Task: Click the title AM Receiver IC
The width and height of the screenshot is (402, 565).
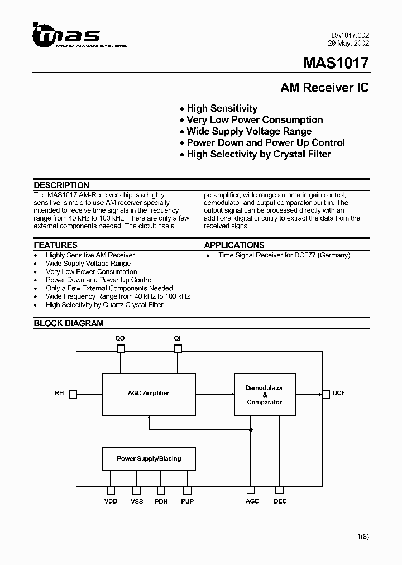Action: pyautogui.click(x=324, y=88)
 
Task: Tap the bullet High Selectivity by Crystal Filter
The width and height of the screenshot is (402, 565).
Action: pyautogui.click(x=259, y=154)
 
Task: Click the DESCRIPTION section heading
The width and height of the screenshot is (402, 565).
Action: pyautogui.click(x=61, y=185)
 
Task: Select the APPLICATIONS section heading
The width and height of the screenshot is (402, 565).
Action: pyautogui.click(x=234, y=245)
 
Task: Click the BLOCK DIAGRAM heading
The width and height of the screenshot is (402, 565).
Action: pyautogui.click(x=69, y=323)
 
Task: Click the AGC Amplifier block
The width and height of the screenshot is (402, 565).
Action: pyautogui.click(x=149, y=393)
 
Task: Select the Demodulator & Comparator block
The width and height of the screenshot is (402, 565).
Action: pyautogui.click(x=265, y=395)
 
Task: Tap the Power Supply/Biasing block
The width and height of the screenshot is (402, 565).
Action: pyautogui.click(x=149, y=458)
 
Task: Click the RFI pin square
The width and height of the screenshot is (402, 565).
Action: pyautogui.click(x=73, y=394)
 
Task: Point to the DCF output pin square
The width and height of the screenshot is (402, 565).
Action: pyautogui.click(x=325, y=394)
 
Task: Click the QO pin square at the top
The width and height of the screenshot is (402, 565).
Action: pyautogui.click(x=121, y=348)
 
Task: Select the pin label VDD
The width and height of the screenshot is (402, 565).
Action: pyautogui.click(x=111, y=501)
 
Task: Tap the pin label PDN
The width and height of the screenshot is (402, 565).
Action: pyautogui.click(x=161, y=501)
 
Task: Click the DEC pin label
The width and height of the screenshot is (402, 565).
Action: pyautogui.click(x=280, y=501)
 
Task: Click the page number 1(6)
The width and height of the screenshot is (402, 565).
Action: pyautogui.click(x=363, y=537)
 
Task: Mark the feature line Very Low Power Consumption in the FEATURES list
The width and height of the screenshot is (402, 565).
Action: pyautogui.click(x=91, y=272)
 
